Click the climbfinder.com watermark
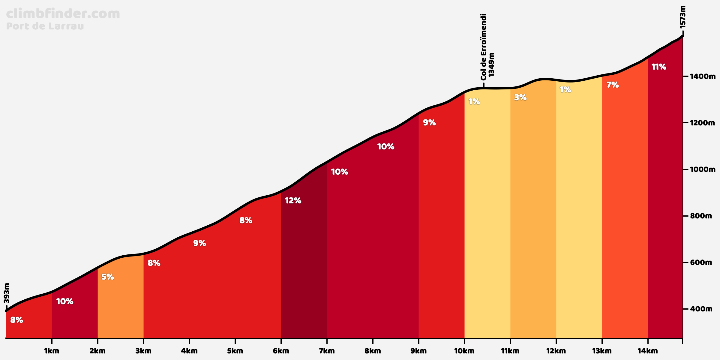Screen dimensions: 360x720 click(x=63, y=14)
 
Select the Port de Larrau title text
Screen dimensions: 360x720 click(x=45, y=26)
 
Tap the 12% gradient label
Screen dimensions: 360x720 click(x=293, y=201)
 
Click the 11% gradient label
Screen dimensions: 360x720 click(x=659, y=67)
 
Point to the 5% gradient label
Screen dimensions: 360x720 click(x=107, y=277)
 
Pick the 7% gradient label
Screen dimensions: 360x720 click(x=612, y=85)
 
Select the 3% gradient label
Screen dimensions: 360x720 click(x=520, y=97)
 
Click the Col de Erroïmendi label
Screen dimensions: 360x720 click(x=483, y=47)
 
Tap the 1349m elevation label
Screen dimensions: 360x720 click(x=491, y=65)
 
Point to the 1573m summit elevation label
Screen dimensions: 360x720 click(x=683, y=17)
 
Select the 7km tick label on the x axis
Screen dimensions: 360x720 click(x=327, y=351)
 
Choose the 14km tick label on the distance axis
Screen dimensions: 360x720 click(x=648, y=351)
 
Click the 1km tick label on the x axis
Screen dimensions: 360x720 click(x=52, y=351)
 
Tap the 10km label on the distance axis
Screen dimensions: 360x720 click(x=464, y=351)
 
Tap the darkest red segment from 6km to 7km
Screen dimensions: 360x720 click(x=304, y=270)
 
